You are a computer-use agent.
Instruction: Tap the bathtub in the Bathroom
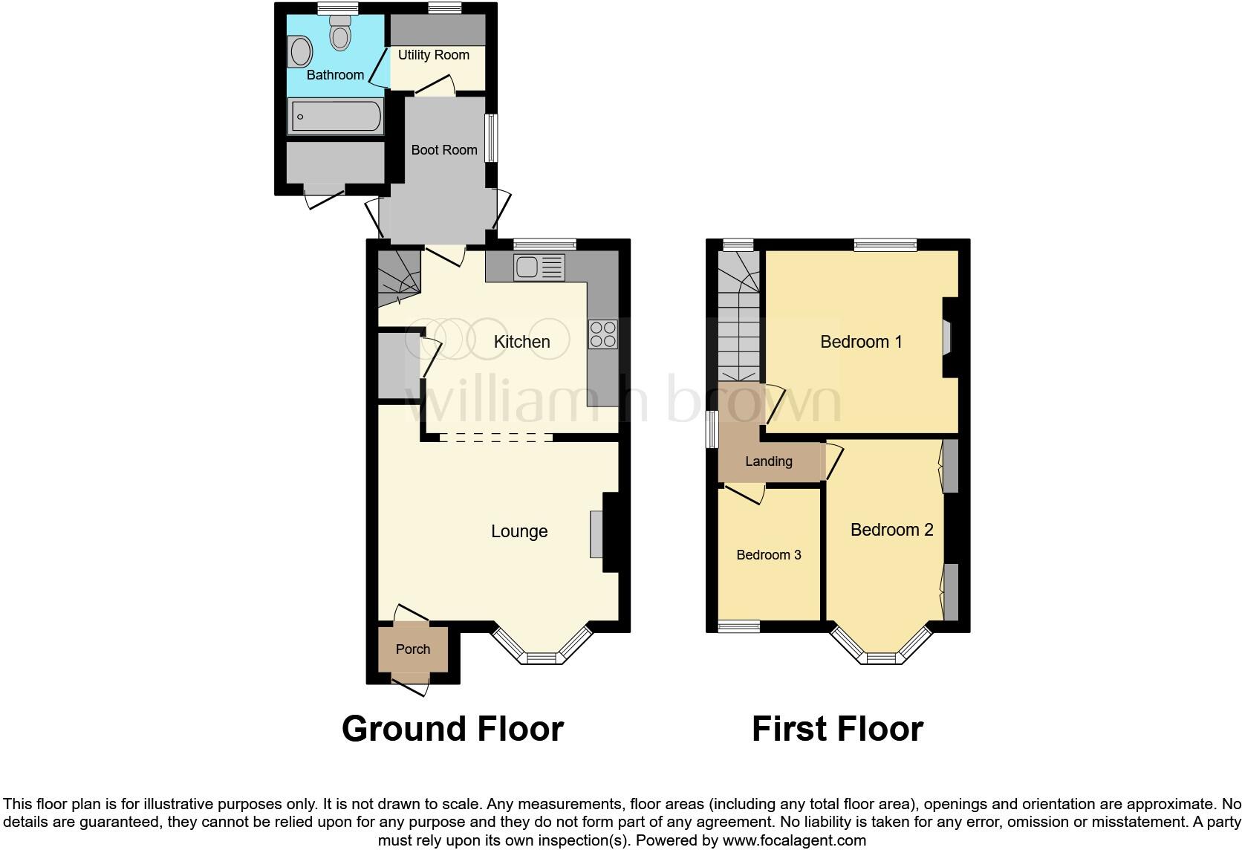click(x=336, y=117)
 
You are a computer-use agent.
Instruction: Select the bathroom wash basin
click(x=301, y=53)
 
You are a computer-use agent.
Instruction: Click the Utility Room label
click(x=433, y=55)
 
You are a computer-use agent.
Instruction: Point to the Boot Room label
click(x=443, y=150)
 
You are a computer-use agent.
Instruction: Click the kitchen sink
click(x=539, y=267)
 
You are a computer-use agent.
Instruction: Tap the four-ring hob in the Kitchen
click(x=602, y=334)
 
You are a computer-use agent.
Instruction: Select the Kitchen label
click(x=521, y=342)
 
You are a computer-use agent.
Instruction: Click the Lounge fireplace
click(x=596, y=533)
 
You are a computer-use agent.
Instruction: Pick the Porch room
click(x=413, y=649)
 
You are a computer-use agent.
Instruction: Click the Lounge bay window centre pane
click(x=542, y=658)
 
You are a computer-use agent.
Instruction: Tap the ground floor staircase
click(x=398, y=279)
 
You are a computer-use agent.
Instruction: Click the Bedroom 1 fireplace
click(x=946, y=337)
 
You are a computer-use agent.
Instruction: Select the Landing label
click(x=768, y=461)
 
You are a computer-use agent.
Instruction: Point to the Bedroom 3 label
click(x=768, y=555)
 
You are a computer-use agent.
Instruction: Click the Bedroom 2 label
click(x=891, y=530)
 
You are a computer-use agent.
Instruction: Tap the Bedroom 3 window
click(x=738, y=627)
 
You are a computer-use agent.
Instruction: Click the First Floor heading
click(x=837, y=729)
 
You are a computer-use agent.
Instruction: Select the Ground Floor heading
click(x=452, y=729)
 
